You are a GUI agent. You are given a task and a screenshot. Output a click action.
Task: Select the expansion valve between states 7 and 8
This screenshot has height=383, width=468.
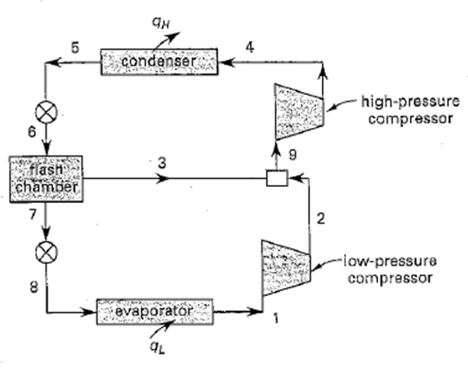[x=45, y=252]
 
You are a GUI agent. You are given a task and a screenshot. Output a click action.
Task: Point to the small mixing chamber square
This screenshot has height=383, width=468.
[x=277, y=176]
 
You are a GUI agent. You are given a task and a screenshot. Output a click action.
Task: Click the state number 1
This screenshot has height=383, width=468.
[x=275, y=319]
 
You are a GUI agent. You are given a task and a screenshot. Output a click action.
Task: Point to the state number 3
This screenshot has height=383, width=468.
[x=162, y=163]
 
